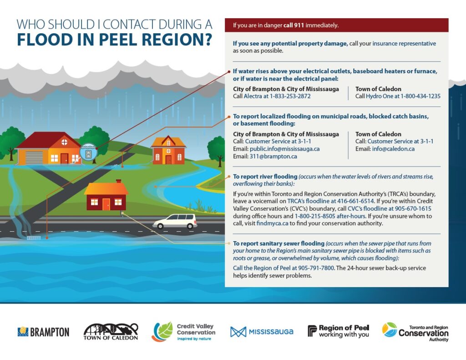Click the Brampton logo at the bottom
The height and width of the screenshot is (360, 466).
[x=43, y=332]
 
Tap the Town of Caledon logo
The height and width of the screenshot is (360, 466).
[x=111, y=332]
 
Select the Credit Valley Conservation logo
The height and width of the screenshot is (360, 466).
[x=183, y=332]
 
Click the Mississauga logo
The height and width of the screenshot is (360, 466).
[x=262, y=332]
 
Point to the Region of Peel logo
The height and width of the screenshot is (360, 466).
[x=338, y=331]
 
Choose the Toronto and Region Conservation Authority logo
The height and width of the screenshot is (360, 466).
[x=415, y=332]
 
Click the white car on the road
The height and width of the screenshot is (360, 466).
[x=175, y=221]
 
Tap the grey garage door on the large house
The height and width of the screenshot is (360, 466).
[x=34, y=158]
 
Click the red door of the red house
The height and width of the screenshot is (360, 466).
[x=106, y=203]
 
